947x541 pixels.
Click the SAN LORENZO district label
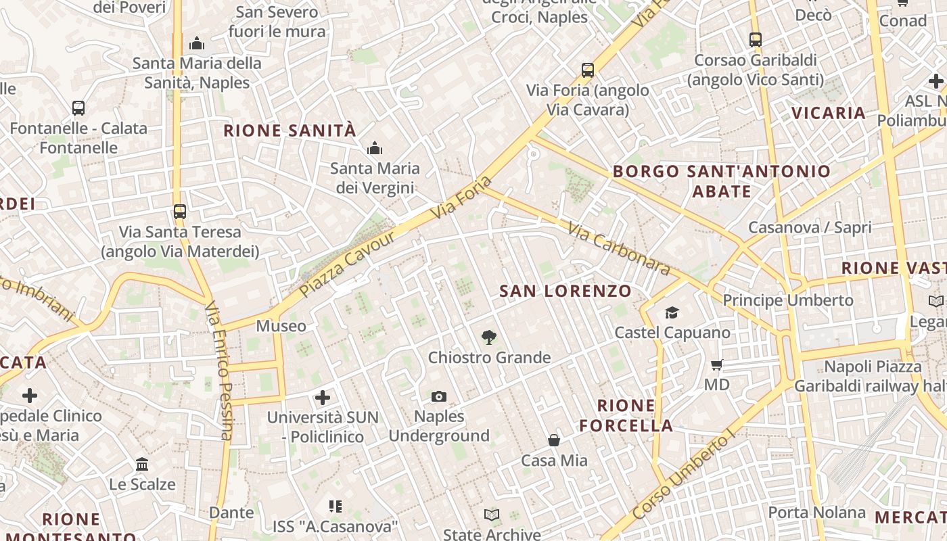565,291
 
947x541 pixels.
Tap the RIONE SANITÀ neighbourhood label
290,131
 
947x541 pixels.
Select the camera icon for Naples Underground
439,396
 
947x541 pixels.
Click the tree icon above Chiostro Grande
488,337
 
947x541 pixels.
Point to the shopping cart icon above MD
717,365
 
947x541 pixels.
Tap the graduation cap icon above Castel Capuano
672,312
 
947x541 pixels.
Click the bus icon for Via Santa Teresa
179,212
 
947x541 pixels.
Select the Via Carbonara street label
619,249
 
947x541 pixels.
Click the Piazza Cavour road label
346,264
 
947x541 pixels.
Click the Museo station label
281,326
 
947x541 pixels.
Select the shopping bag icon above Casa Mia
554,441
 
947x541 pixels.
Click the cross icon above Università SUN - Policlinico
323,398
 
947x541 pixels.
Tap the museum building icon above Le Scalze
142,465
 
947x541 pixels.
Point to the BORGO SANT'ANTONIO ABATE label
722,181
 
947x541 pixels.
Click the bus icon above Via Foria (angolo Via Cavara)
588,70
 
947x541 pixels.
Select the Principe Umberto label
788,300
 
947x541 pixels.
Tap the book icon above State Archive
492,515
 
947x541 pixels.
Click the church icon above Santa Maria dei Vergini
375,148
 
